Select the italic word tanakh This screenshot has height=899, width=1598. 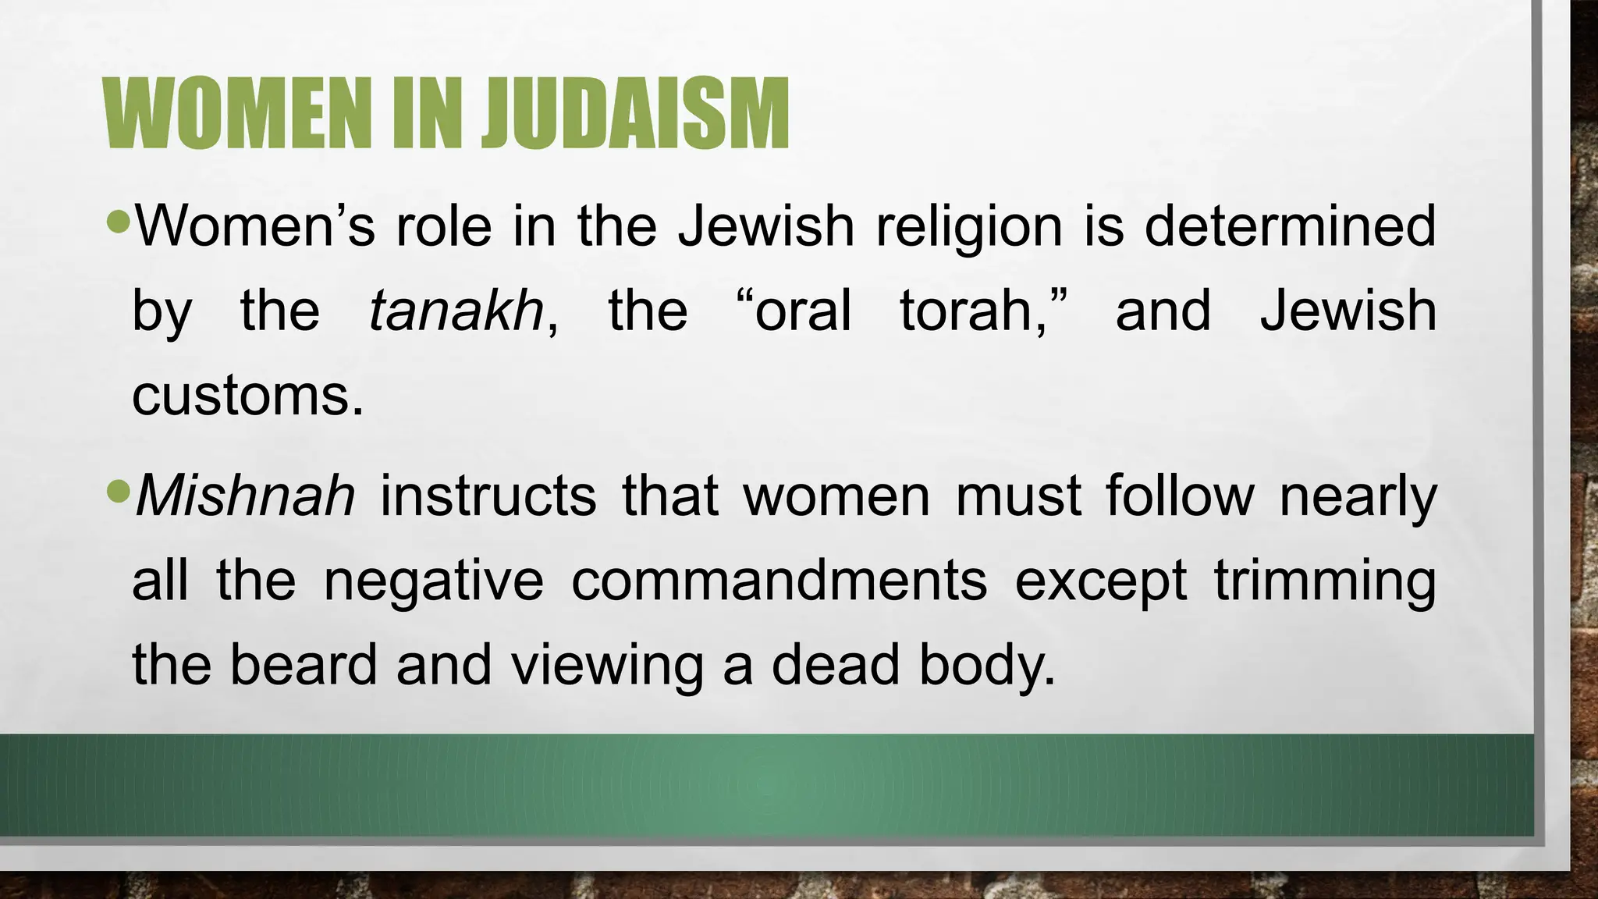tap(456, 311)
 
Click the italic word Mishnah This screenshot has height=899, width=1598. tap(245, 496)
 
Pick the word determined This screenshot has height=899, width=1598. tap(1290, 226)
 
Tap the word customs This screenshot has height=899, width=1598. tap(247, 396)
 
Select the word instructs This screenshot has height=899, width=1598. tap(488, 496)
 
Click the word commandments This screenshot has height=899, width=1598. tap(779, 581)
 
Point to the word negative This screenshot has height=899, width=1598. tap(433, 582)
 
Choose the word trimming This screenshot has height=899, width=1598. tap(1324, 582)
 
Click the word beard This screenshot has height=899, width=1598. tap(303, 665)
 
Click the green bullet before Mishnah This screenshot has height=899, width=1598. tap(119, 492)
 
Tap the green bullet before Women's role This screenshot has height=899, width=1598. tap(119, 222)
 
